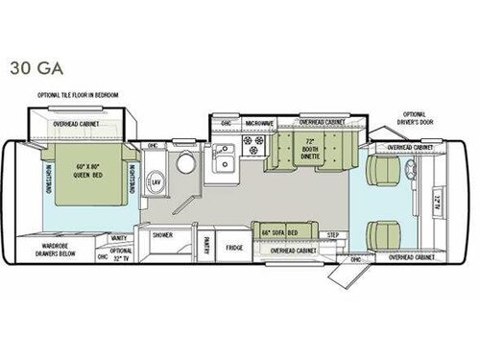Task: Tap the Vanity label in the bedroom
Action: [x=119, y=236]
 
